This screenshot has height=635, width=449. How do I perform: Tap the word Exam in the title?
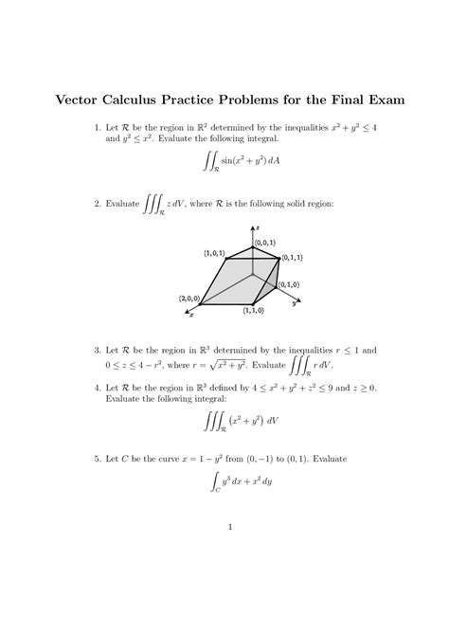pos(378,99)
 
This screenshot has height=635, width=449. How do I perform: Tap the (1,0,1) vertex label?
pos(213,253)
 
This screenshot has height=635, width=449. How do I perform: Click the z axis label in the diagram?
pos(258,227)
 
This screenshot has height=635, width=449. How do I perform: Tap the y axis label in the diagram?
pos(295,304)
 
